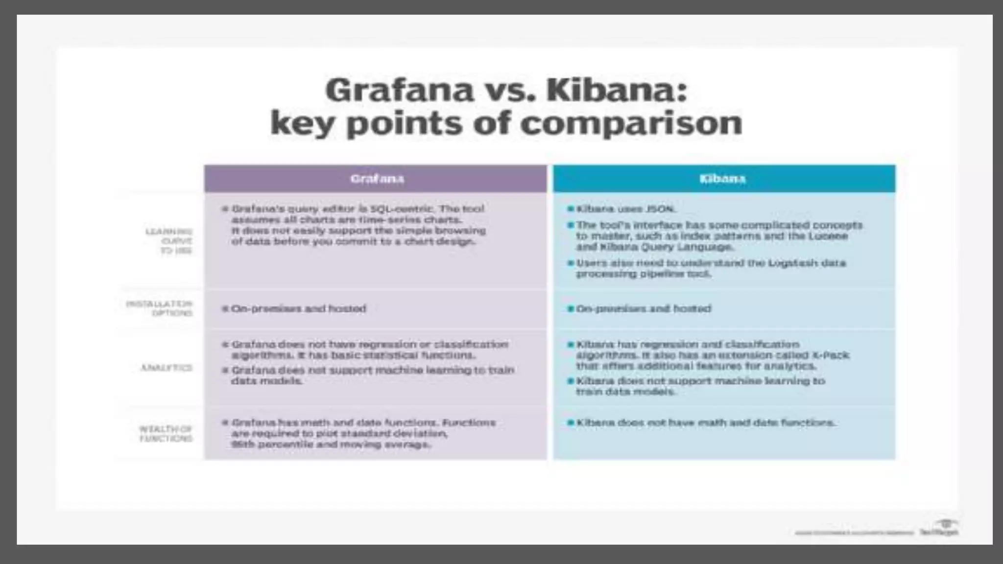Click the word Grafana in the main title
pyautogui.click(x=399, y=91)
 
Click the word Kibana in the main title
pyautogui.click(x=617, y=91)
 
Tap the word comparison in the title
pyautogui.click(x=631, y=123)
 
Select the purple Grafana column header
pyautogui.click(x=376, y=179)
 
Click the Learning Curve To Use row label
pyautogui.click(x=169, y=241)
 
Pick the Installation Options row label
pyautogui.click(x=160, y=308)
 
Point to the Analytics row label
pyautogui.click(x=167, y=368)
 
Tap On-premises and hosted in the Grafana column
pyautogui.click(x=298, y=309)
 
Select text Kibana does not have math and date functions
pyautogui.click(x=705, y=423)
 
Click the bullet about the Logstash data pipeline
pyautogui.click(x=710, y=268)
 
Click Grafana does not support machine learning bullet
pyautogui.click(x=372, y=376)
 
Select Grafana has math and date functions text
pyautogui.click(x=362, y=433)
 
